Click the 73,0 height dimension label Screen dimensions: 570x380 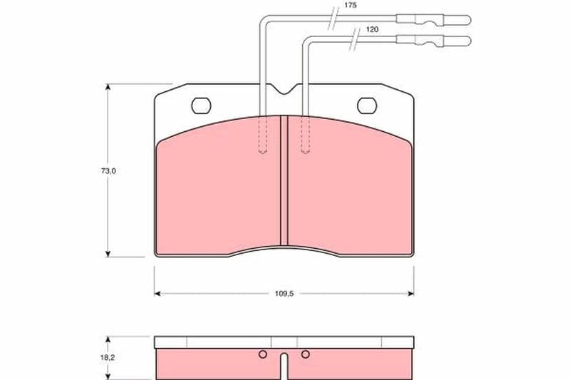point(108,171)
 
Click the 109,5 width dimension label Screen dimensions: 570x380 point(284,294)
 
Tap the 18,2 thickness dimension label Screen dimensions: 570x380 point(108,357)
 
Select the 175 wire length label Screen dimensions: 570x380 point(350,6)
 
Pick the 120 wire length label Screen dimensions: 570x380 point(372,29)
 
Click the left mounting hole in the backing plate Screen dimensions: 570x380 point(201,106)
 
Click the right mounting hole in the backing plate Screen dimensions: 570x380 point(367,106)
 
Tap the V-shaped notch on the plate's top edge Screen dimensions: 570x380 point(284,89)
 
